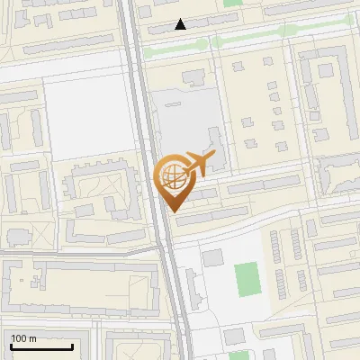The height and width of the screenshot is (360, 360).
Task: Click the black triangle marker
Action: pyautogui.click(x=181, y=24)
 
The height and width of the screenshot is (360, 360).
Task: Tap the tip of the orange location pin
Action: pyautogui.click(x=174, y=211)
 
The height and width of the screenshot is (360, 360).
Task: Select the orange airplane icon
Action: pyautogui.click(x=200, y=165)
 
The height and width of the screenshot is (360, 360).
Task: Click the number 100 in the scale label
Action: pyautogui.click(x=19, y=338)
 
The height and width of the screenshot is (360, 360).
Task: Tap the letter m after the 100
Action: pyautogui.click(x=32, y=338)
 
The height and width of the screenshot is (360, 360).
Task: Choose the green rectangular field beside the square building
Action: pyautogui.click(x=247, y=280)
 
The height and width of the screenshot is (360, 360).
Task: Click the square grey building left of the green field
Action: pyautogui.click(x=212, y=259)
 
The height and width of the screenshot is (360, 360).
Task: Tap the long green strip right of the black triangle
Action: pyautogui.click(x=261, y=31)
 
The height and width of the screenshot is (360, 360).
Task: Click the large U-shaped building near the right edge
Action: pyautogui.click(x=328, y=85)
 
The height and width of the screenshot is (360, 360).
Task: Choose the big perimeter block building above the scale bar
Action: pyautogui.click(x=72, y=288)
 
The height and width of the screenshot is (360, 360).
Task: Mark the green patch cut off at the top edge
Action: pyautogui.click(x=233, y=4)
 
